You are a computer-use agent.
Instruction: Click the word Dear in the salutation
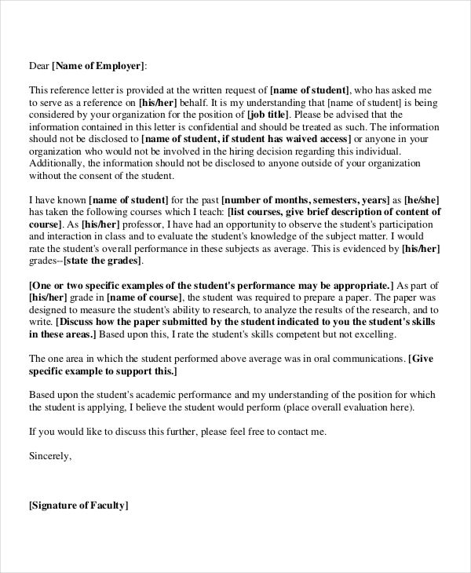point(38,66)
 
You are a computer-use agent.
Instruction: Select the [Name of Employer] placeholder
point(98,66)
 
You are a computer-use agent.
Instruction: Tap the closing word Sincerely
point(49,454)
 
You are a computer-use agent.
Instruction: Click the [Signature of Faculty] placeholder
point(78,506)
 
